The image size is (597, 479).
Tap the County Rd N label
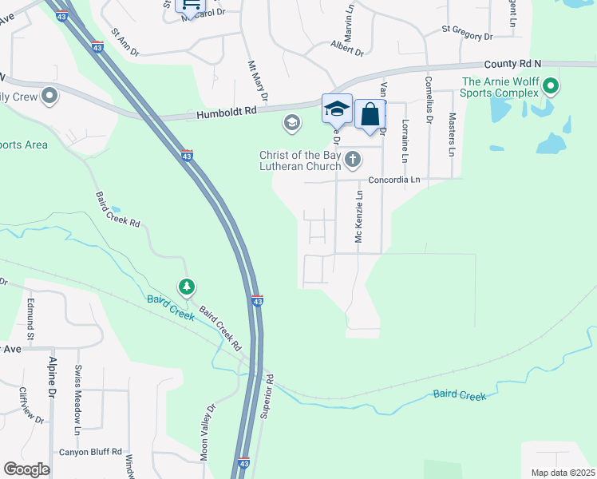[x=512, y=63]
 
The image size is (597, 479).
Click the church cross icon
[x=352, y=161]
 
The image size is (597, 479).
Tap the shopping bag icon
[x=370, y=113]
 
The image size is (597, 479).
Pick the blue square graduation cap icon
[x=337, y=109]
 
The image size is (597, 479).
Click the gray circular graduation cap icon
[x=291, y=122]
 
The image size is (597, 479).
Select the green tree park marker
[x=186, y=287]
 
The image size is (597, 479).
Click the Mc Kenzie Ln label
[x=359, y=217]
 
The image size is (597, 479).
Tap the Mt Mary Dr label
[x=256, y=80]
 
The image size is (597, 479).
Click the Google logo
[x=27, y=469]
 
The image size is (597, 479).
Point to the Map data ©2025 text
[x=562, y=473]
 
